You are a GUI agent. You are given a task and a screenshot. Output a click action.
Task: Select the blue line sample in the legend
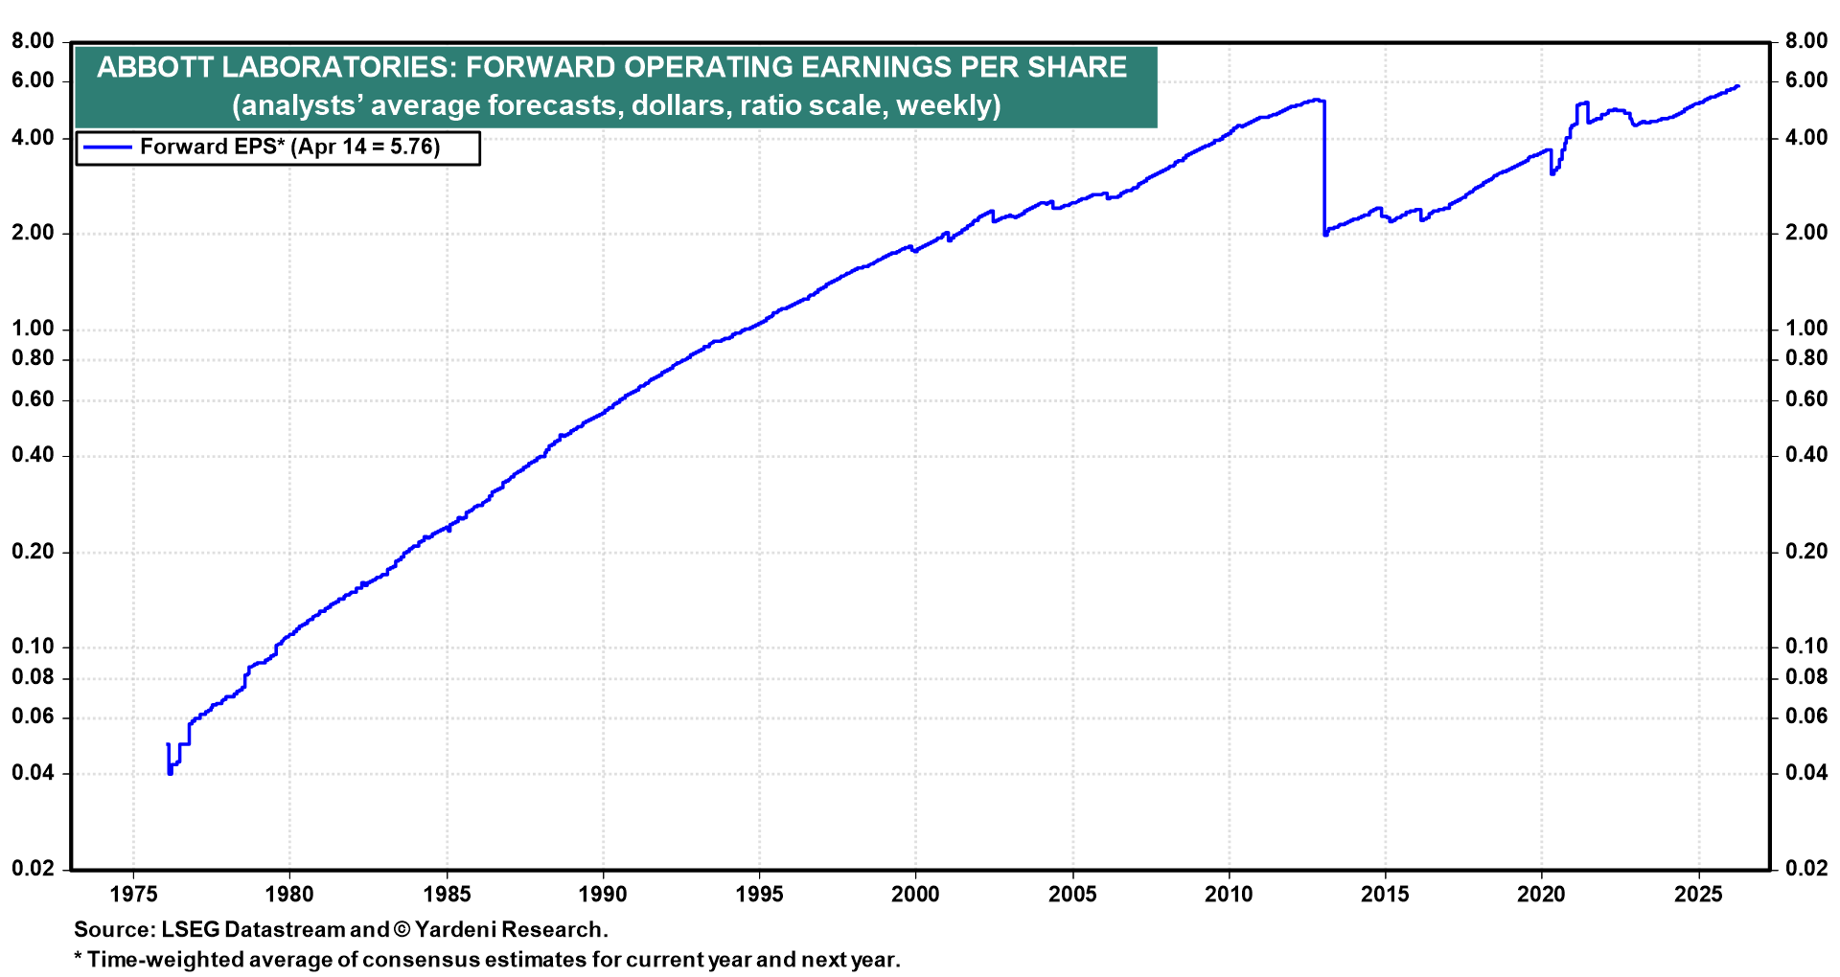tap(106, 148)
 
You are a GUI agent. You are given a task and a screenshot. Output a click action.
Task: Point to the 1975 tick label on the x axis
tap(132, 895)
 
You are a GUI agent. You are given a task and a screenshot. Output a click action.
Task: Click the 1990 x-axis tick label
tap(603, 895)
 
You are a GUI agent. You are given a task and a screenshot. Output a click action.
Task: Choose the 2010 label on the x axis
tap(1229, 895)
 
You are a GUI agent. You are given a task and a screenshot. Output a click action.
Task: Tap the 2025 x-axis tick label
tap(1698, 895)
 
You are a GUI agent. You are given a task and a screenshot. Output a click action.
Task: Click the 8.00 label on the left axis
tap(34, 41)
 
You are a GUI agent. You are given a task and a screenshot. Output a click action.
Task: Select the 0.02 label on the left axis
tap(34, 869)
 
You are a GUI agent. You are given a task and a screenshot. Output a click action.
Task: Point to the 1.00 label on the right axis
tap(1806, 329)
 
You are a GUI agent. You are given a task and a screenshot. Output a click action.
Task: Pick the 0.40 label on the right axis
tap(1806, 455)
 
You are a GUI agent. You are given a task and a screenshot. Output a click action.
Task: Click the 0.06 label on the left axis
tap(34, 717)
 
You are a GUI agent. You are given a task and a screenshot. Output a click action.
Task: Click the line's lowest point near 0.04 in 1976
tap(171, 772)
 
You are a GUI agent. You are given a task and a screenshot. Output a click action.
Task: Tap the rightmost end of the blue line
tap(1737, 86)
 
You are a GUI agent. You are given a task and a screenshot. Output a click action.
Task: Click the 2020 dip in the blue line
tap(1552, 173)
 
